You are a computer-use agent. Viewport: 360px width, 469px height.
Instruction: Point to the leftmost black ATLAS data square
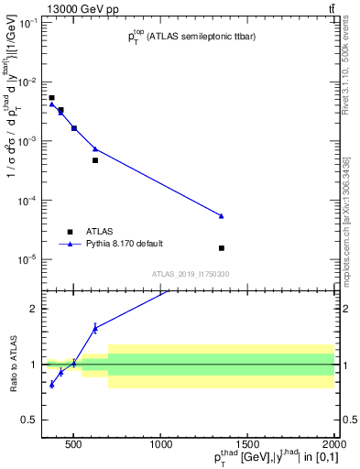tap(51, 97)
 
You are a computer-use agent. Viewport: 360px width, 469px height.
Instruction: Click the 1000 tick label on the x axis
tap(160, 446)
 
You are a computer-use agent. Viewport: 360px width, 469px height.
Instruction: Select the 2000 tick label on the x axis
tap(334, 446)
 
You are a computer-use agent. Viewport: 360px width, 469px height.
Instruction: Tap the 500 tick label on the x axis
tap(73, 446)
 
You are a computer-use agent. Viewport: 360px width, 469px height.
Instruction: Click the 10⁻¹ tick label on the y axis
tap(27, 23)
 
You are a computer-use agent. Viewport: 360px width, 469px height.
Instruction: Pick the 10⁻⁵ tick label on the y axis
tap(27, 259)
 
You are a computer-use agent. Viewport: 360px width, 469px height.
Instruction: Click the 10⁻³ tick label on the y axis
tap(27, 141)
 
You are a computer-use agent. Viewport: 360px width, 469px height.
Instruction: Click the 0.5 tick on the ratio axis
tap(30, 420)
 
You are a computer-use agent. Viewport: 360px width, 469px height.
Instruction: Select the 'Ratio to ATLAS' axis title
tap(12, 364)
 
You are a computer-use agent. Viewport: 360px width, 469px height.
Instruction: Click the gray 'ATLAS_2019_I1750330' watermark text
tap(191, 274)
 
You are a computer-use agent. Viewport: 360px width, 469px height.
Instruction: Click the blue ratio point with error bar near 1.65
tap(94, 327)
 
